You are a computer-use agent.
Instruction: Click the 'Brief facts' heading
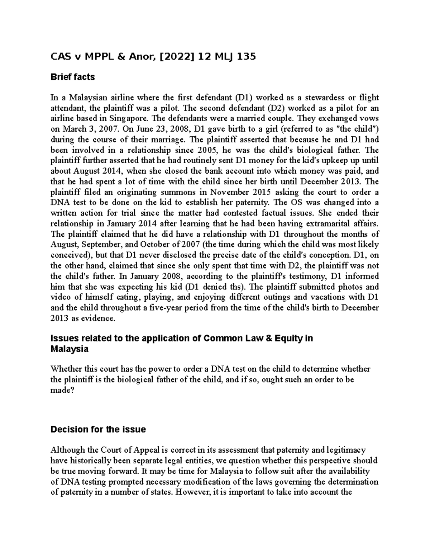(73, 77)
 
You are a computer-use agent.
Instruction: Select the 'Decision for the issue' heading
(98, 429)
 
